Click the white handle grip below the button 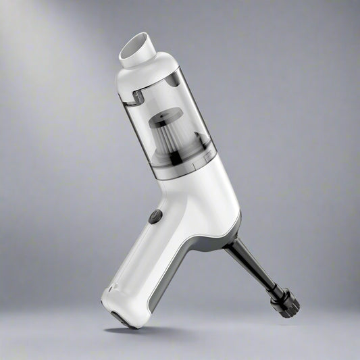138,263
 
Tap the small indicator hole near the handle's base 111,290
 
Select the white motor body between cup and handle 203,196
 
